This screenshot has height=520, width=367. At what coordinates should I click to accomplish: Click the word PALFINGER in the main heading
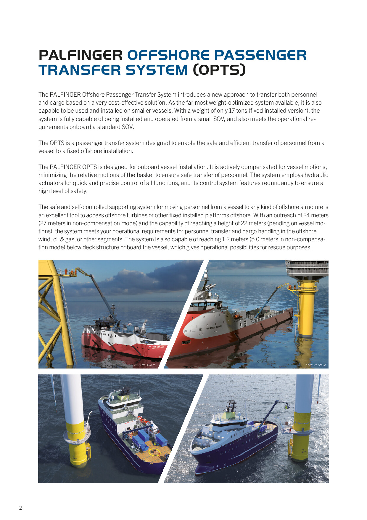(x=81, y=55)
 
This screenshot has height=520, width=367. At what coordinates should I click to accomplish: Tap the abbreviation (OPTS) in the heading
(x=219, y=70)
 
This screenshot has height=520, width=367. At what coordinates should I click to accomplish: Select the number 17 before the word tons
(x=232, y=111)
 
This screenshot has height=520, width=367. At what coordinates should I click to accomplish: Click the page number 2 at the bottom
(x=20, y=508)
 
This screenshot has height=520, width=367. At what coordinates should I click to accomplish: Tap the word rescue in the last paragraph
(x=277, y=247)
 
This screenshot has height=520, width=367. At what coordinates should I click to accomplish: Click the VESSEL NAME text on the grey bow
(x=214, y=328)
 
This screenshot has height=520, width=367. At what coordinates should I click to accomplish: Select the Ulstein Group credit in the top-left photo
(x=145, y=365)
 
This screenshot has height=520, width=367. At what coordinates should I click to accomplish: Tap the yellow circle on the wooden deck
(x=154, y=452)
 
